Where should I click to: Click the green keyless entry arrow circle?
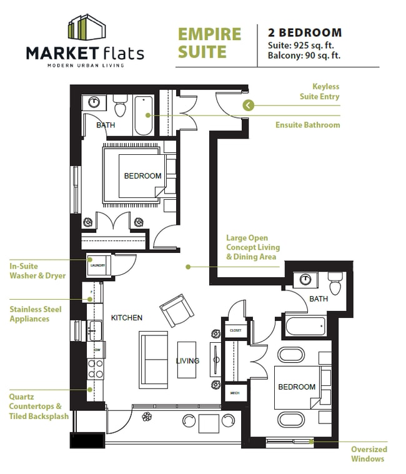click(248, 105)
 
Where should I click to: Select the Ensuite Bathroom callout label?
click(307, 125)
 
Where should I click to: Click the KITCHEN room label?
click(127, 317)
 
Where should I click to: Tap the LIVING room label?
click(187, 360)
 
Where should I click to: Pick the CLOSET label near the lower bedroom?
click(235, 330)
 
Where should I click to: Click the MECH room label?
click(235, 393)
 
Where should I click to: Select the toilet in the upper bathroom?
click(121, 107)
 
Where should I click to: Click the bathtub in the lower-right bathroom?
click(305, 326)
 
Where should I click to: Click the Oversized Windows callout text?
click(369, 454)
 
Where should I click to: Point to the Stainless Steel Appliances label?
click(38, 314)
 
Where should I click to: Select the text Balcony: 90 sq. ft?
click(304, 55)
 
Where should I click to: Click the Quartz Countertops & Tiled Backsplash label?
click(38, 406)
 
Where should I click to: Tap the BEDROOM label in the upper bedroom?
click(142, 176)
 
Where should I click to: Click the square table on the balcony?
click(208, 423)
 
